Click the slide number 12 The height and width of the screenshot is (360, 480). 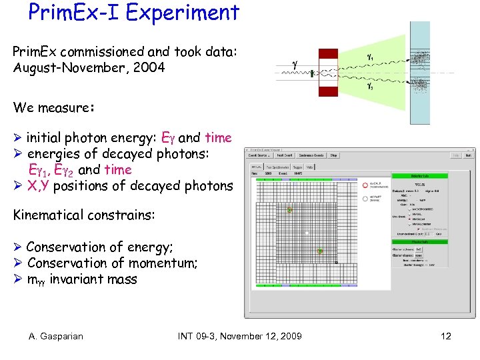(446, 336)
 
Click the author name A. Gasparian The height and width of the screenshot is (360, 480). (56, 336)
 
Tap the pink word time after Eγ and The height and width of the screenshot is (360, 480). (218, 138)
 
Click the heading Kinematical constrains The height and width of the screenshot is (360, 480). (84, 215)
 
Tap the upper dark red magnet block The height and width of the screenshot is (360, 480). (329, 53)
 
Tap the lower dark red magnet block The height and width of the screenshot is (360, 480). (329, 91)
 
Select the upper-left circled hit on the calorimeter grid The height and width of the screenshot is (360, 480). (289, 210)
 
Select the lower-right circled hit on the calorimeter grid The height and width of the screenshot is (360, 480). (320, 251)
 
